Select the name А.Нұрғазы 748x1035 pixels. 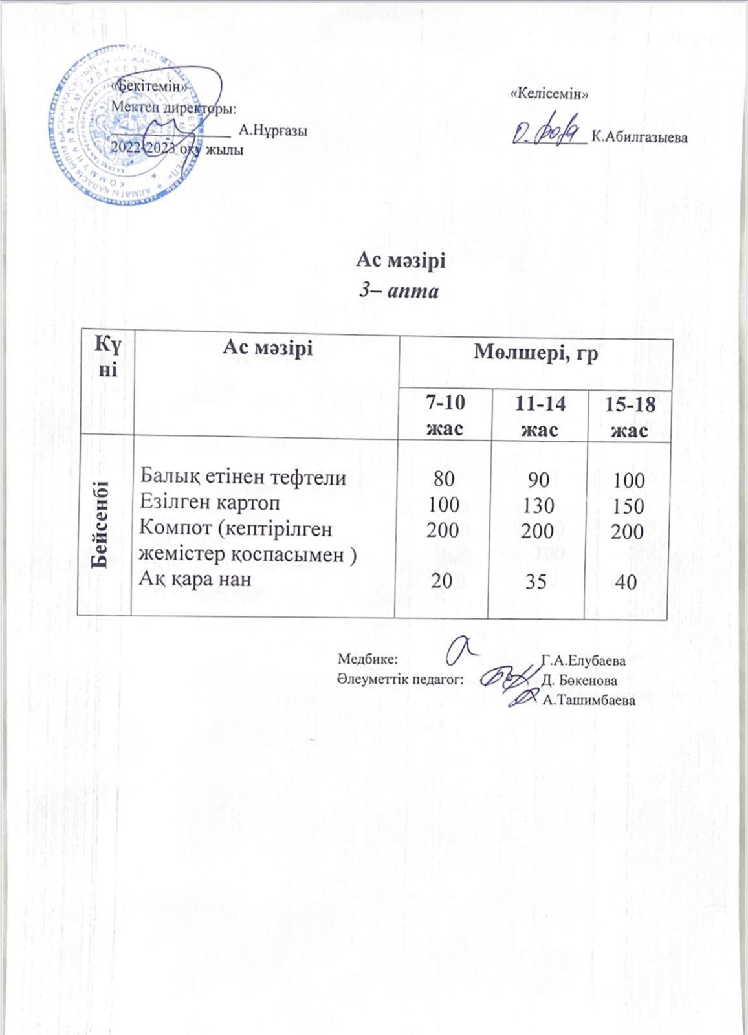[x=272, y=130]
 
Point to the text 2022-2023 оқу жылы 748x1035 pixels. [x=177, y=149]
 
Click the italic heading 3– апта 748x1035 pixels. [x=399, y=290]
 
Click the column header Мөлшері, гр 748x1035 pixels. [x=536, y=353]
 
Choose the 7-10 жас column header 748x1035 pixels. [x=445, y=415]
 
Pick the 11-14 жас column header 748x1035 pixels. [x=540, y=415]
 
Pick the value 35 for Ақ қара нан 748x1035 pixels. [x=536, y=582]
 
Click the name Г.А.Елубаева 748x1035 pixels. [x=584, y=661]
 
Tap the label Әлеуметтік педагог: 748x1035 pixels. [x=401, y=680]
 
